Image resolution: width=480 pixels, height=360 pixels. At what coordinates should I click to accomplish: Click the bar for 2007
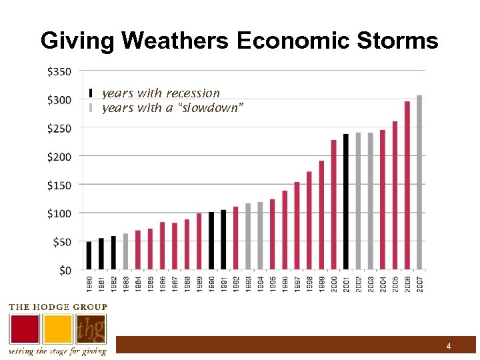tap(419, 183)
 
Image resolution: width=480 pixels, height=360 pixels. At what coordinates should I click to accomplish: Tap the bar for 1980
tap(89, 255)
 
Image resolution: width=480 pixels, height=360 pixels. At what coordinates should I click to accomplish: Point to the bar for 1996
tap(285, 230)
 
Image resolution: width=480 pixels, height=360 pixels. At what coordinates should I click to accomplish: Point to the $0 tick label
tap(65, 270)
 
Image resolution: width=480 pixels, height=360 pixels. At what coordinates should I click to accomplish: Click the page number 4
tap(449, 346)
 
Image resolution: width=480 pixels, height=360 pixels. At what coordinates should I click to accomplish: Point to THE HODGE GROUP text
tap(57, 307)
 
